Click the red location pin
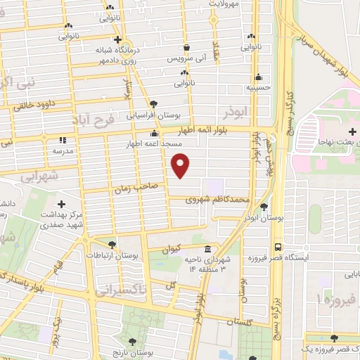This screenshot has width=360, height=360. (181, 165)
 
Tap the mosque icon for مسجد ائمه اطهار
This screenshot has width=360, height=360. (154, 134)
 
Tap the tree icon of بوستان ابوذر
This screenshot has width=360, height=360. (264, 207)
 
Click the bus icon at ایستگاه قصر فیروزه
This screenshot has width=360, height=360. (279, 247)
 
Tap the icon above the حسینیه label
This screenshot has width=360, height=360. (260, 77)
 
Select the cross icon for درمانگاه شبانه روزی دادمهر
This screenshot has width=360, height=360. (117, 39)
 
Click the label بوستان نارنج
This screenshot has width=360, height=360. (127, 350)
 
